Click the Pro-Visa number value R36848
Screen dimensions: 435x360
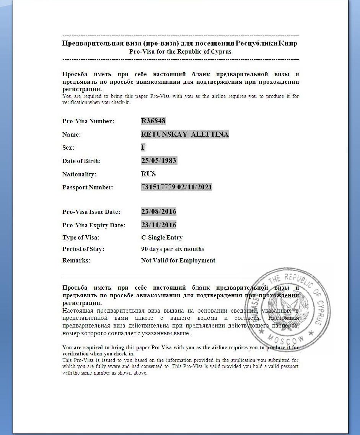click(x=153, y=121)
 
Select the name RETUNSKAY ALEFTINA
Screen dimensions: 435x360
click(x=185, y=134)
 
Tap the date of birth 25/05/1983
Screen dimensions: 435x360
click(x=159, y=161)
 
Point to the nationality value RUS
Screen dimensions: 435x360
click(x=148, y=174)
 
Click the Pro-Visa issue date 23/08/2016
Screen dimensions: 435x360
click(x=159, y=212)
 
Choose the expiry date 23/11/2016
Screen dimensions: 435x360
click(x=159, y=225)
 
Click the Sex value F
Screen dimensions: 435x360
click(x=143, y=147)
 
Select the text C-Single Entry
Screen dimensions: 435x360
click(x=162, y=238)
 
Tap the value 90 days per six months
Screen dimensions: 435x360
click(x=173, y=249)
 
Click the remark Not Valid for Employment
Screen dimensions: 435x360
click(x=178, y=261)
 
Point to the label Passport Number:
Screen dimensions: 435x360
click(x=88, y=187)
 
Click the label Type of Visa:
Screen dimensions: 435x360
click(x=81, y=238)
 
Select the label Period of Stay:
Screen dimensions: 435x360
click(x=83, y=249)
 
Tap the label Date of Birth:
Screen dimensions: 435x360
click(x=81, y=161)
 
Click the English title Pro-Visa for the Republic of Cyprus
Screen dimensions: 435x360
click(x=180, y=52)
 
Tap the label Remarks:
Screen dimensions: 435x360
click(x=76, y=261)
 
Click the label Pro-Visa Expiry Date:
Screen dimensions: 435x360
click(x=94, y=225)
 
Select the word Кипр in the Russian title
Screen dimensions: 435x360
click(x=288, y=43)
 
